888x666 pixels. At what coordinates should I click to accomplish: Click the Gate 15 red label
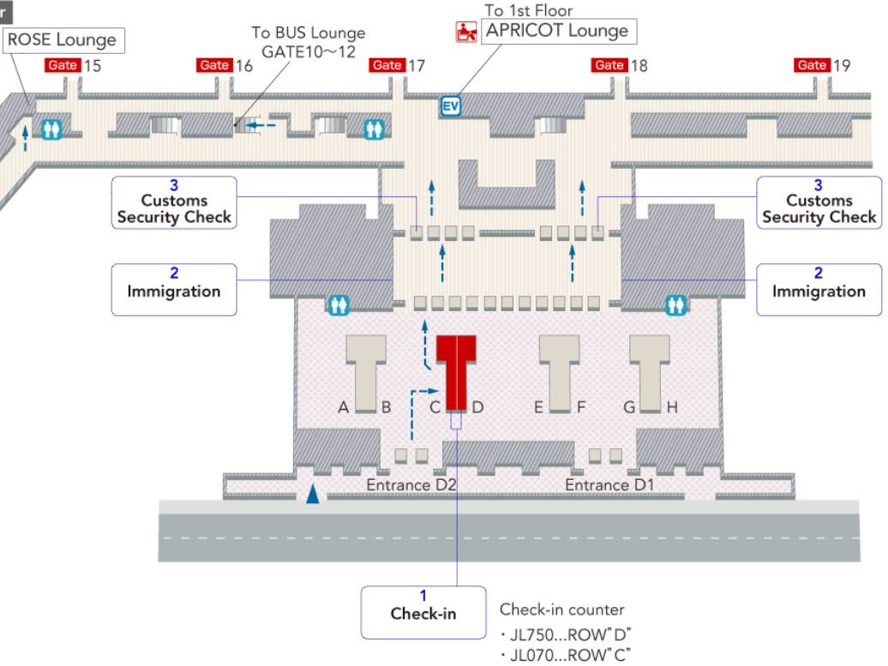[x=62, y=65]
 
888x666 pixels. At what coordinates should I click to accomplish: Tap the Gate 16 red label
[x=213, y=65]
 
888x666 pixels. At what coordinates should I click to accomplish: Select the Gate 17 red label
[x=387, y=65]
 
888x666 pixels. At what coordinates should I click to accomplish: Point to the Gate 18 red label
[x=609, y=65]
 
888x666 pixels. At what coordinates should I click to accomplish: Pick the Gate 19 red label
[x=812, y=65]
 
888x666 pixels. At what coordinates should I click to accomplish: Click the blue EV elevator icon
[x=451, y=105]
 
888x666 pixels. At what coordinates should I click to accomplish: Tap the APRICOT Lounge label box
[x=557, y=32]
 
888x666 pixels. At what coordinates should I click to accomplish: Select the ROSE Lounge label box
[x=62, y=39]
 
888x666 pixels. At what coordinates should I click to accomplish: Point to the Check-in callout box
[x=423, y=612]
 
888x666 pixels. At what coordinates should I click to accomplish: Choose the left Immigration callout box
[x=174, y=290]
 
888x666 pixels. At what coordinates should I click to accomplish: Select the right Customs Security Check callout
[x=819, y=202]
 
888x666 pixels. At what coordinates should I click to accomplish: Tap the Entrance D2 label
[x=411, y=485]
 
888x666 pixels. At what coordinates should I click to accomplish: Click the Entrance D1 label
[x=609, y=485]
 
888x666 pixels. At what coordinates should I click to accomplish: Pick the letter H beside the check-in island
[x=672, y=408]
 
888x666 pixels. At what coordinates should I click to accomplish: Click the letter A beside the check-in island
[x=343, y=408]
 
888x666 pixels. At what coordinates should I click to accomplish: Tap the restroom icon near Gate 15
[x=53, y=129]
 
